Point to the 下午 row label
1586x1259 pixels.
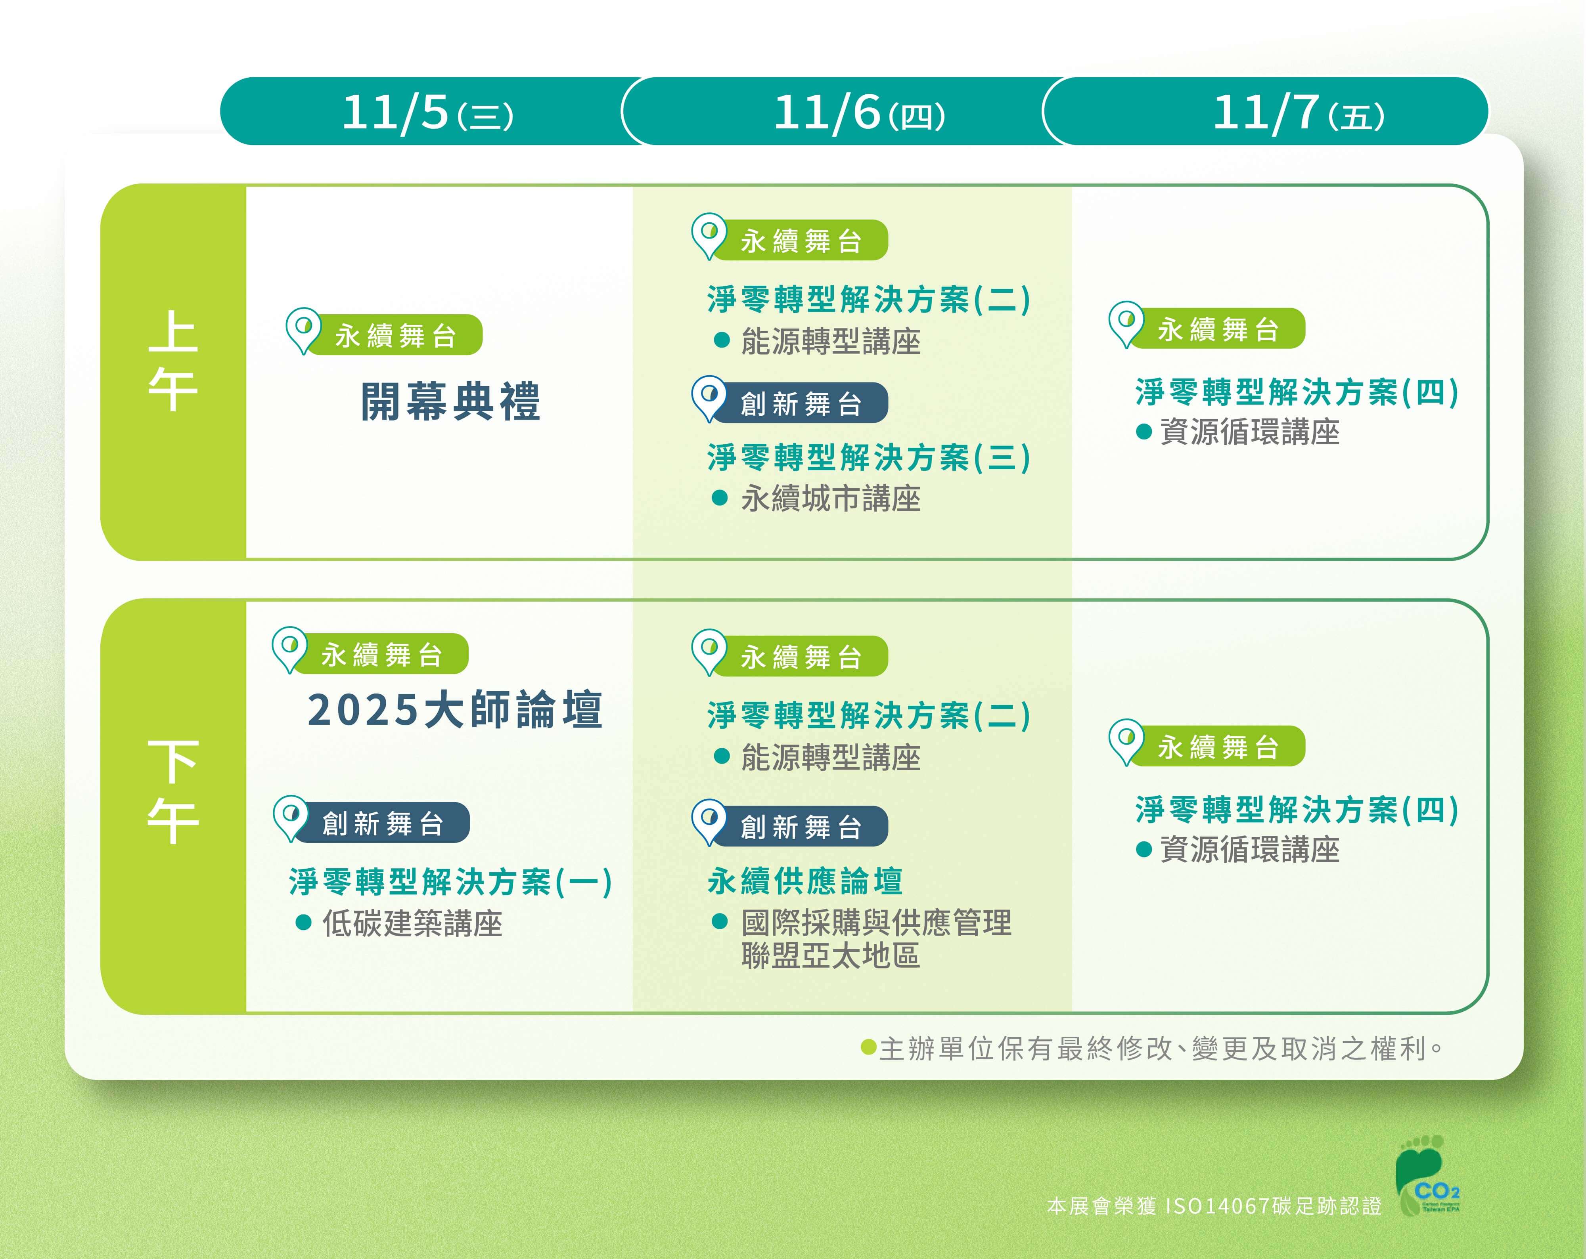coord(173,791)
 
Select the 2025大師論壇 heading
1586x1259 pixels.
coord(455,710)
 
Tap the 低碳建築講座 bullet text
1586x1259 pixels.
coord(412,924)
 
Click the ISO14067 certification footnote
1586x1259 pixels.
coord(1214,1206)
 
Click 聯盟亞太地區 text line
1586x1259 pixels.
coord(831,956)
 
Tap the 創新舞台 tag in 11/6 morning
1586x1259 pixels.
coord(790,401)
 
